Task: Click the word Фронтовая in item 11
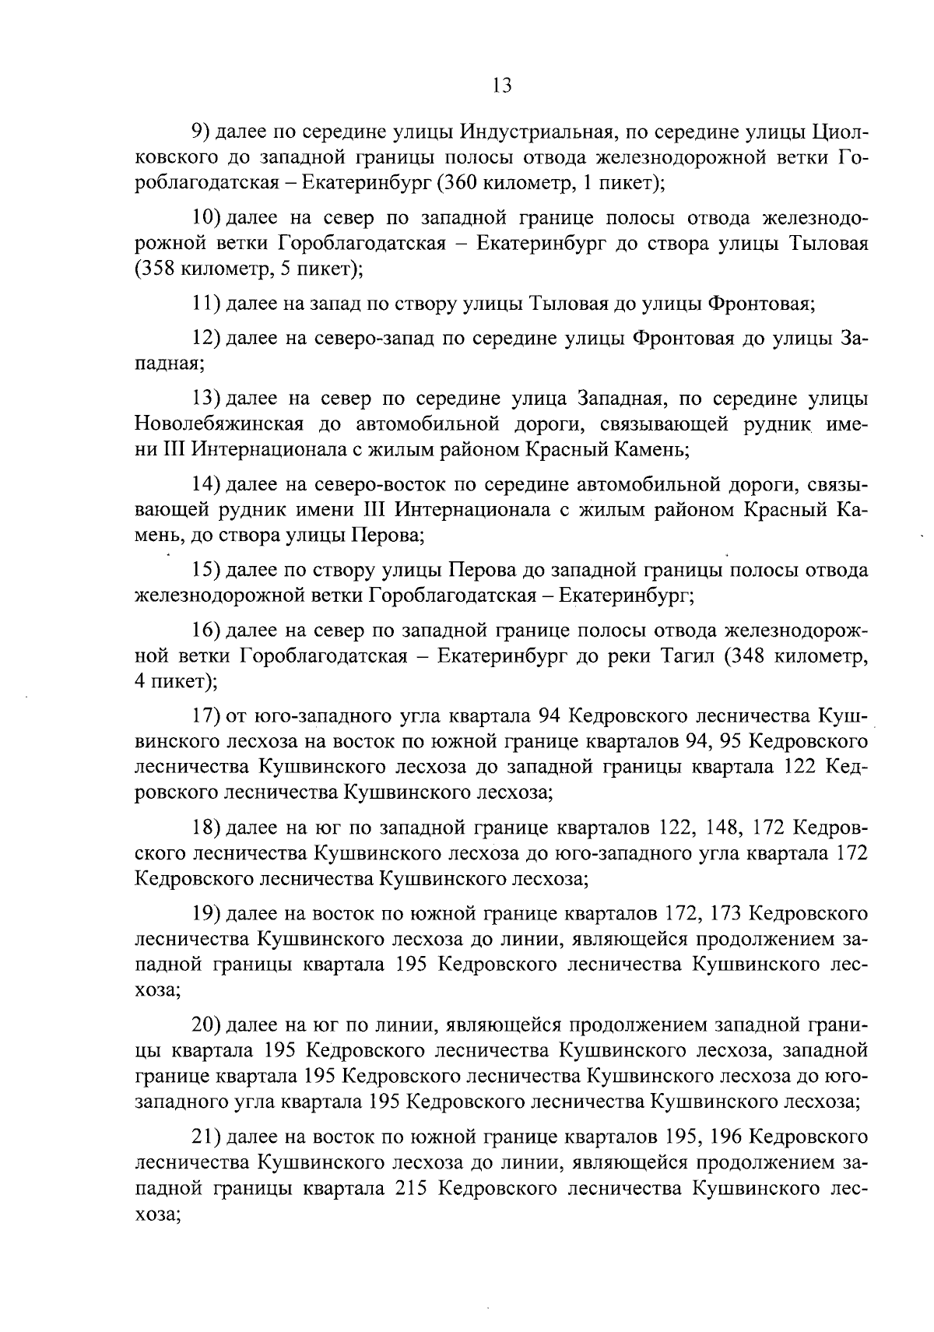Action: pos(760,304)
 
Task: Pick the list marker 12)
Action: pos(209,339)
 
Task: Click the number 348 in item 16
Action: pos(748,656)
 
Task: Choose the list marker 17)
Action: pos(209,715)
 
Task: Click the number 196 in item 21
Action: pos(729,1136)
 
